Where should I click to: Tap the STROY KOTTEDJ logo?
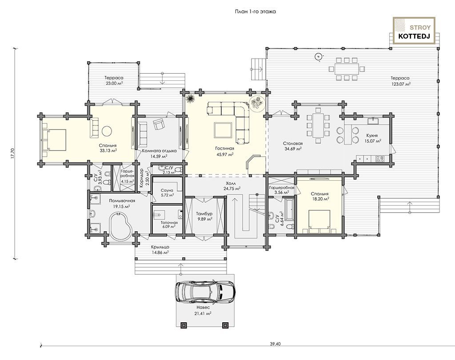tap(414, 31)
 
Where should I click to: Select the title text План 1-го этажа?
tap(255, 12)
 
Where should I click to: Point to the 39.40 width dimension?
tap(275, 344)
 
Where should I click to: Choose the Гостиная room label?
tap(224, 148)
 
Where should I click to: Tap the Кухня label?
tap(372, 135)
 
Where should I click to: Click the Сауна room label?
tap(167, 190)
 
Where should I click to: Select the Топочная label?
tap(169, 222)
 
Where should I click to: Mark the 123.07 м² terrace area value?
tap(400, 84)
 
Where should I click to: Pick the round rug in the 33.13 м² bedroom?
tap(106, 131)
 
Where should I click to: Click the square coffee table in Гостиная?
tap(223, 131)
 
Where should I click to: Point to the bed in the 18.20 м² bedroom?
tap(319, 222)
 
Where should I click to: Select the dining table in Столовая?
tap(318, 126)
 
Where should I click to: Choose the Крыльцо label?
tap(160, 247)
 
